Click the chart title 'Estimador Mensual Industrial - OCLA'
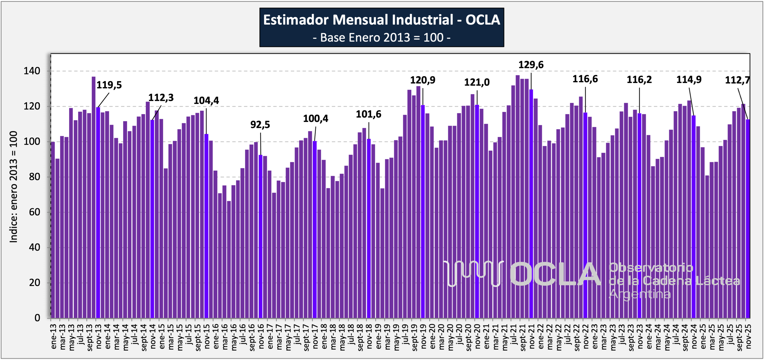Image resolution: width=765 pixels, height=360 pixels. coord(382,20)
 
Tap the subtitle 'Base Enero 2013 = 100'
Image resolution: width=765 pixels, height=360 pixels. coord(382,38)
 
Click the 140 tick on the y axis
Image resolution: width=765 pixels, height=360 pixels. coord(32,71)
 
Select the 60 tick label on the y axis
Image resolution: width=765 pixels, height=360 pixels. coord(35,212)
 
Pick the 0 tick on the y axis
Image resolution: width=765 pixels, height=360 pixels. coord(37,318)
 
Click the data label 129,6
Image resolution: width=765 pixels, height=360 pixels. coord(531,65)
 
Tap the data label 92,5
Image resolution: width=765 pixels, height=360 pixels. coord(260,125)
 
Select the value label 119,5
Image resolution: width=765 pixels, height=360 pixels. coord(109,85)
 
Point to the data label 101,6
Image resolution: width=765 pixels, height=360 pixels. coord(369,114)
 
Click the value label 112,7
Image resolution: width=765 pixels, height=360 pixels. coord(737,80)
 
